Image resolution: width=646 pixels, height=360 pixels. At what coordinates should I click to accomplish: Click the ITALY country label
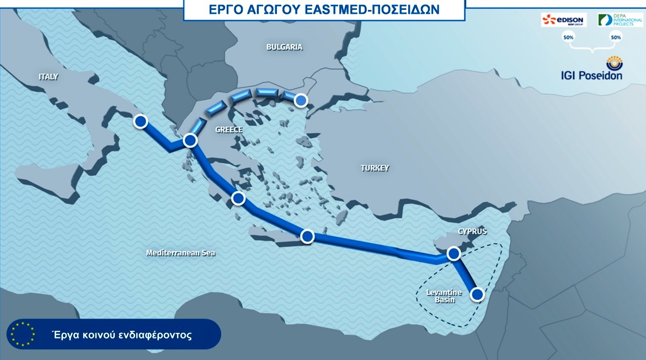point(49,77)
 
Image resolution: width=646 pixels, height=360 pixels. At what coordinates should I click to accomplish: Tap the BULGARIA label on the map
point(284,47)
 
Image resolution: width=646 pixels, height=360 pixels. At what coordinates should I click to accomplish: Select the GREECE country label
point(229,130)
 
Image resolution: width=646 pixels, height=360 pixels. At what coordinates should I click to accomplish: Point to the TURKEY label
point(375,168)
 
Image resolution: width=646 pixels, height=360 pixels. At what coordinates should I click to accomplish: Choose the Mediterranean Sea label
point(180,253)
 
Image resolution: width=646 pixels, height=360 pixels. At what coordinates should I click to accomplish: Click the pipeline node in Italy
point(141,121)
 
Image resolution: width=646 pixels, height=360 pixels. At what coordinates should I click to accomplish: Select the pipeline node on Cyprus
point(453,253)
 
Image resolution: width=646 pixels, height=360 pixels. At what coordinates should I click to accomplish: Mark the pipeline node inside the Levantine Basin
point(477,294)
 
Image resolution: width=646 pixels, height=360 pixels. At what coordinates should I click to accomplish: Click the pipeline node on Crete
point(307,236)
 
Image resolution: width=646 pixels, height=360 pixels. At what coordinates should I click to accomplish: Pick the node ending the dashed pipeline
point(301,100)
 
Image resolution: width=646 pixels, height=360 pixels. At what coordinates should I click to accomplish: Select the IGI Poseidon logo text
point(592,75)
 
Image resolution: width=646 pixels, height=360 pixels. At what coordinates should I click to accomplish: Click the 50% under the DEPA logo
point(616,37)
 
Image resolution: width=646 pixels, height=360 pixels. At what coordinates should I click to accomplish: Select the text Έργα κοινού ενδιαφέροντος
point(122,335)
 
